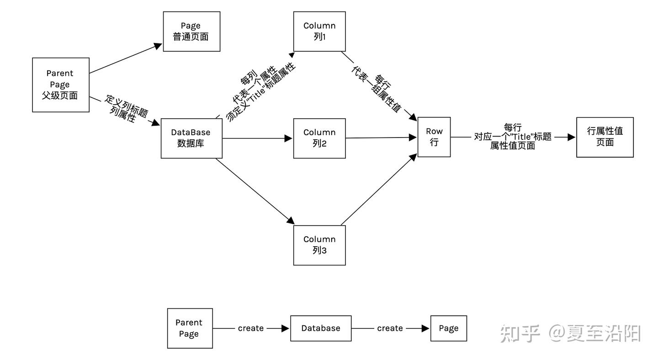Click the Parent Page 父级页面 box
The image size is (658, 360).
(x=60, y=85)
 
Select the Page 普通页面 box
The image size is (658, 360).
(x=191, y=32)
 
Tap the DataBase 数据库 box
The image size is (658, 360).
(x=191, y=138)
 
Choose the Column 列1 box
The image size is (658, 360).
(x=319, y=32)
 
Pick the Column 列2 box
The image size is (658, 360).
(x=319, y=138)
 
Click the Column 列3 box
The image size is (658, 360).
(x=319, y=245)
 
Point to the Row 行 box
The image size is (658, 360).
(x=434, y=137)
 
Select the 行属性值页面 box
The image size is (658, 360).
(x=605, y=137)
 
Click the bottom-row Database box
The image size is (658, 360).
(x=321, y=328)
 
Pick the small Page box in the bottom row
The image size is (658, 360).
(x=448, y=328)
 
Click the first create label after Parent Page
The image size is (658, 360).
(x=250, y=328)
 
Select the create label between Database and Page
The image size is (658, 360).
(x=390, y=328)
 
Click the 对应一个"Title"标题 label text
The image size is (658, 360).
(x=513, y=137)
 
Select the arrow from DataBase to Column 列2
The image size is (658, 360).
(x=256, y=138)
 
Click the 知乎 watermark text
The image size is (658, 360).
(x=520, y=334)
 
